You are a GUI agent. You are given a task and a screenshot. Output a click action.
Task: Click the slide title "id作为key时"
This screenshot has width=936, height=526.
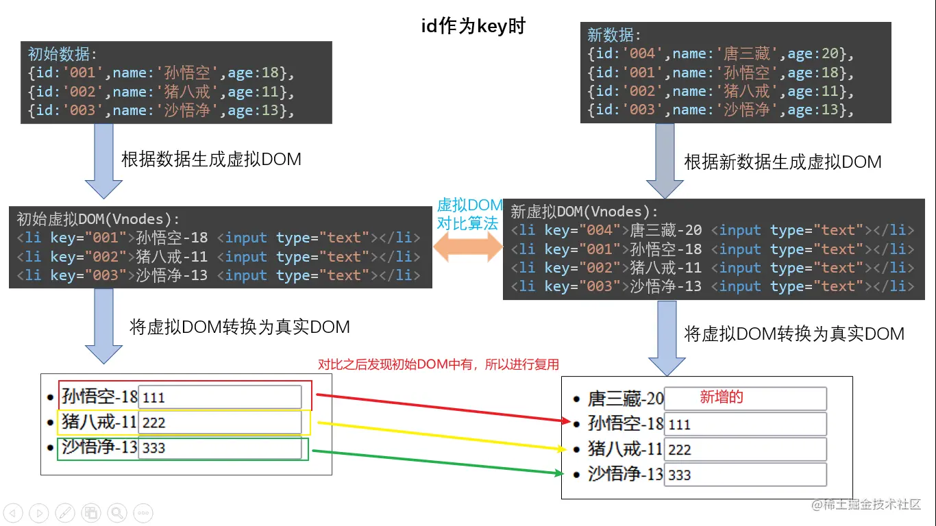tap(473, 26)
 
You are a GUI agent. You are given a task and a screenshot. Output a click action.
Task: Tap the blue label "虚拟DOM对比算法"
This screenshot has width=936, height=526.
tap(469, 214)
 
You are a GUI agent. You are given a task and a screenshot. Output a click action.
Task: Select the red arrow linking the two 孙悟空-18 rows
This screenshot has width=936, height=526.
tap(439, 408)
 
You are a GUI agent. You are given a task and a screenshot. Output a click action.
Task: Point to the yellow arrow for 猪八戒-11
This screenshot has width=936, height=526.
tap(439, 436)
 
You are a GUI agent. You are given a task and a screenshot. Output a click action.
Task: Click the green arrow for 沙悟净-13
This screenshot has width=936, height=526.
tap(439, 462)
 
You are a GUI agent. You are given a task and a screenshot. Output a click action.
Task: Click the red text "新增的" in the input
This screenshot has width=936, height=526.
tap(722, 397)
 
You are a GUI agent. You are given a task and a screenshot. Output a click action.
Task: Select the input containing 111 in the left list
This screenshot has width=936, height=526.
tap(219, 397)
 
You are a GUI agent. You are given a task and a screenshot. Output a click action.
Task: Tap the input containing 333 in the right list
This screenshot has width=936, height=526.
tap(745, 475)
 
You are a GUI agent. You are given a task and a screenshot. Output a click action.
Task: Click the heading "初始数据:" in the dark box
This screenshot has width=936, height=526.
tap(62, 54)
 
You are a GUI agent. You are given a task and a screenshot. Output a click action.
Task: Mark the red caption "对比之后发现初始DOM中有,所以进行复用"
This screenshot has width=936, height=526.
tap(439, 364)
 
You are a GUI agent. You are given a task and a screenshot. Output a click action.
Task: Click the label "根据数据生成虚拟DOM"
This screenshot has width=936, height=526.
tap(211, 159)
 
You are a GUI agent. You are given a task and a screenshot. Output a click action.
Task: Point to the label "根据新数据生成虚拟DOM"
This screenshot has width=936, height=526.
tap(783, 162)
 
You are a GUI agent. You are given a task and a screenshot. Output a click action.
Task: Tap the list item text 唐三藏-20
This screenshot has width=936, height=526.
tap(626, 399)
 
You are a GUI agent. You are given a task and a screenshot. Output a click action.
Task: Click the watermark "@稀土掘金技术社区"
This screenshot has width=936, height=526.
tap(866, 505)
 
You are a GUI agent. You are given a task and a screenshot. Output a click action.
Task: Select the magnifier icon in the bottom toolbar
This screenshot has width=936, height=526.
tap(116, 512)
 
